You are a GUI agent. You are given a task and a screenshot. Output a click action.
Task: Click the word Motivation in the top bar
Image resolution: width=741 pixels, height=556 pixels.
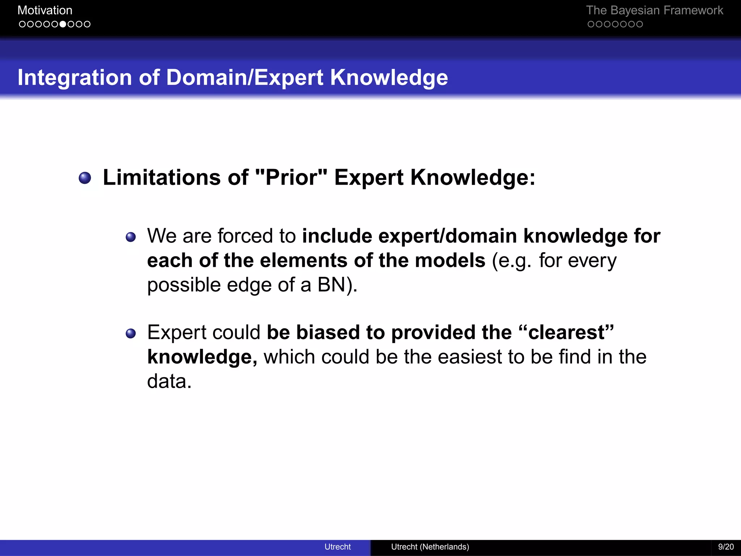[45, 10]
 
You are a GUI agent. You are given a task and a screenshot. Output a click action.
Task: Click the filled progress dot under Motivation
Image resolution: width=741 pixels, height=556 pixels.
[63, 24]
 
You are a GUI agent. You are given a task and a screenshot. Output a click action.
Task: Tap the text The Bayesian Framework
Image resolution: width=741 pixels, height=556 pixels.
[654, 10]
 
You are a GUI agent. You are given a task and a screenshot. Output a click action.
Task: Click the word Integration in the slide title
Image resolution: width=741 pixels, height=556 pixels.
[75, 77]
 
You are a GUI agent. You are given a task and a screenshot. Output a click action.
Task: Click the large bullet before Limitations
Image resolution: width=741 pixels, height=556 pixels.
[85, 178]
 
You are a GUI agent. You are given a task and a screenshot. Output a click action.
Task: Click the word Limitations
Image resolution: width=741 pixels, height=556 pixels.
[161, 177]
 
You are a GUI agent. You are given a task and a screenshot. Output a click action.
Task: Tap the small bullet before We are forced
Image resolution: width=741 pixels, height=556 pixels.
[131, 237]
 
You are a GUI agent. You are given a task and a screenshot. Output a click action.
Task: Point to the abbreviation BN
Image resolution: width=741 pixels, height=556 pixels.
[331, 285]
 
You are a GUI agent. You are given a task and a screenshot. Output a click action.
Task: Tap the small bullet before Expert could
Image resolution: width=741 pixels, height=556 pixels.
[131, 333]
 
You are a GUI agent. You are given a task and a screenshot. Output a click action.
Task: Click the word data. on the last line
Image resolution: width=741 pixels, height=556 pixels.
[169, 381]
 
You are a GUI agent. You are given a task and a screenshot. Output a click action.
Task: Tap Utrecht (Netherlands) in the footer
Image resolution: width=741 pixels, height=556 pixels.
[430, 547]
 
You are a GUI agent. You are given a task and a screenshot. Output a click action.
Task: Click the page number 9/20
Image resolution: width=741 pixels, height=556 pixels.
[726, 547]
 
